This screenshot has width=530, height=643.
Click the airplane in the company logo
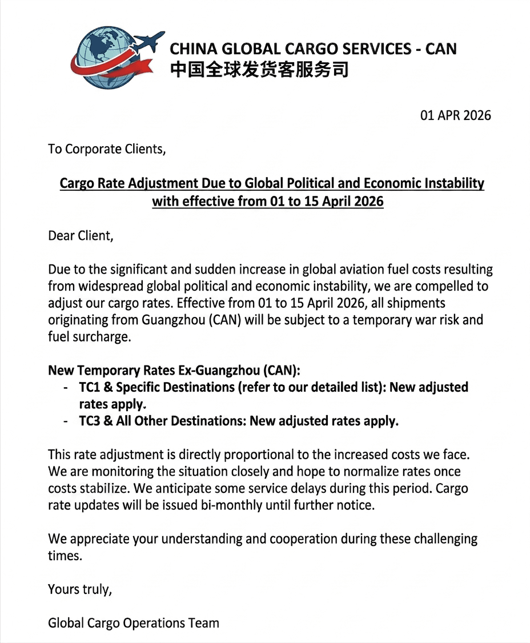(x=147, y=42)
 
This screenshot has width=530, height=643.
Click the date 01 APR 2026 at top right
(x=455, y=115)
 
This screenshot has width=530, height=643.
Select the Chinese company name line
(x=259, y=70)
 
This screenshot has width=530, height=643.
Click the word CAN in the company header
(x=441, y=49)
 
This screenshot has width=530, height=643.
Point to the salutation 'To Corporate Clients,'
(x=107, y=149)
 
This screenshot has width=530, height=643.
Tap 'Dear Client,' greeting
(x=81, y=235)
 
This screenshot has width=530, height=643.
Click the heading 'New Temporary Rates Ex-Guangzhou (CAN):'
(x=174, y=370)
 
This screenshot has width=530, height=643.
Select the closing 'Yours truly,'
(x=80, y=589)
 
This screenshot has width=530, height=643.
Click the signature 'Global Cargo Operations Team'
(x=134, y=622)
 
